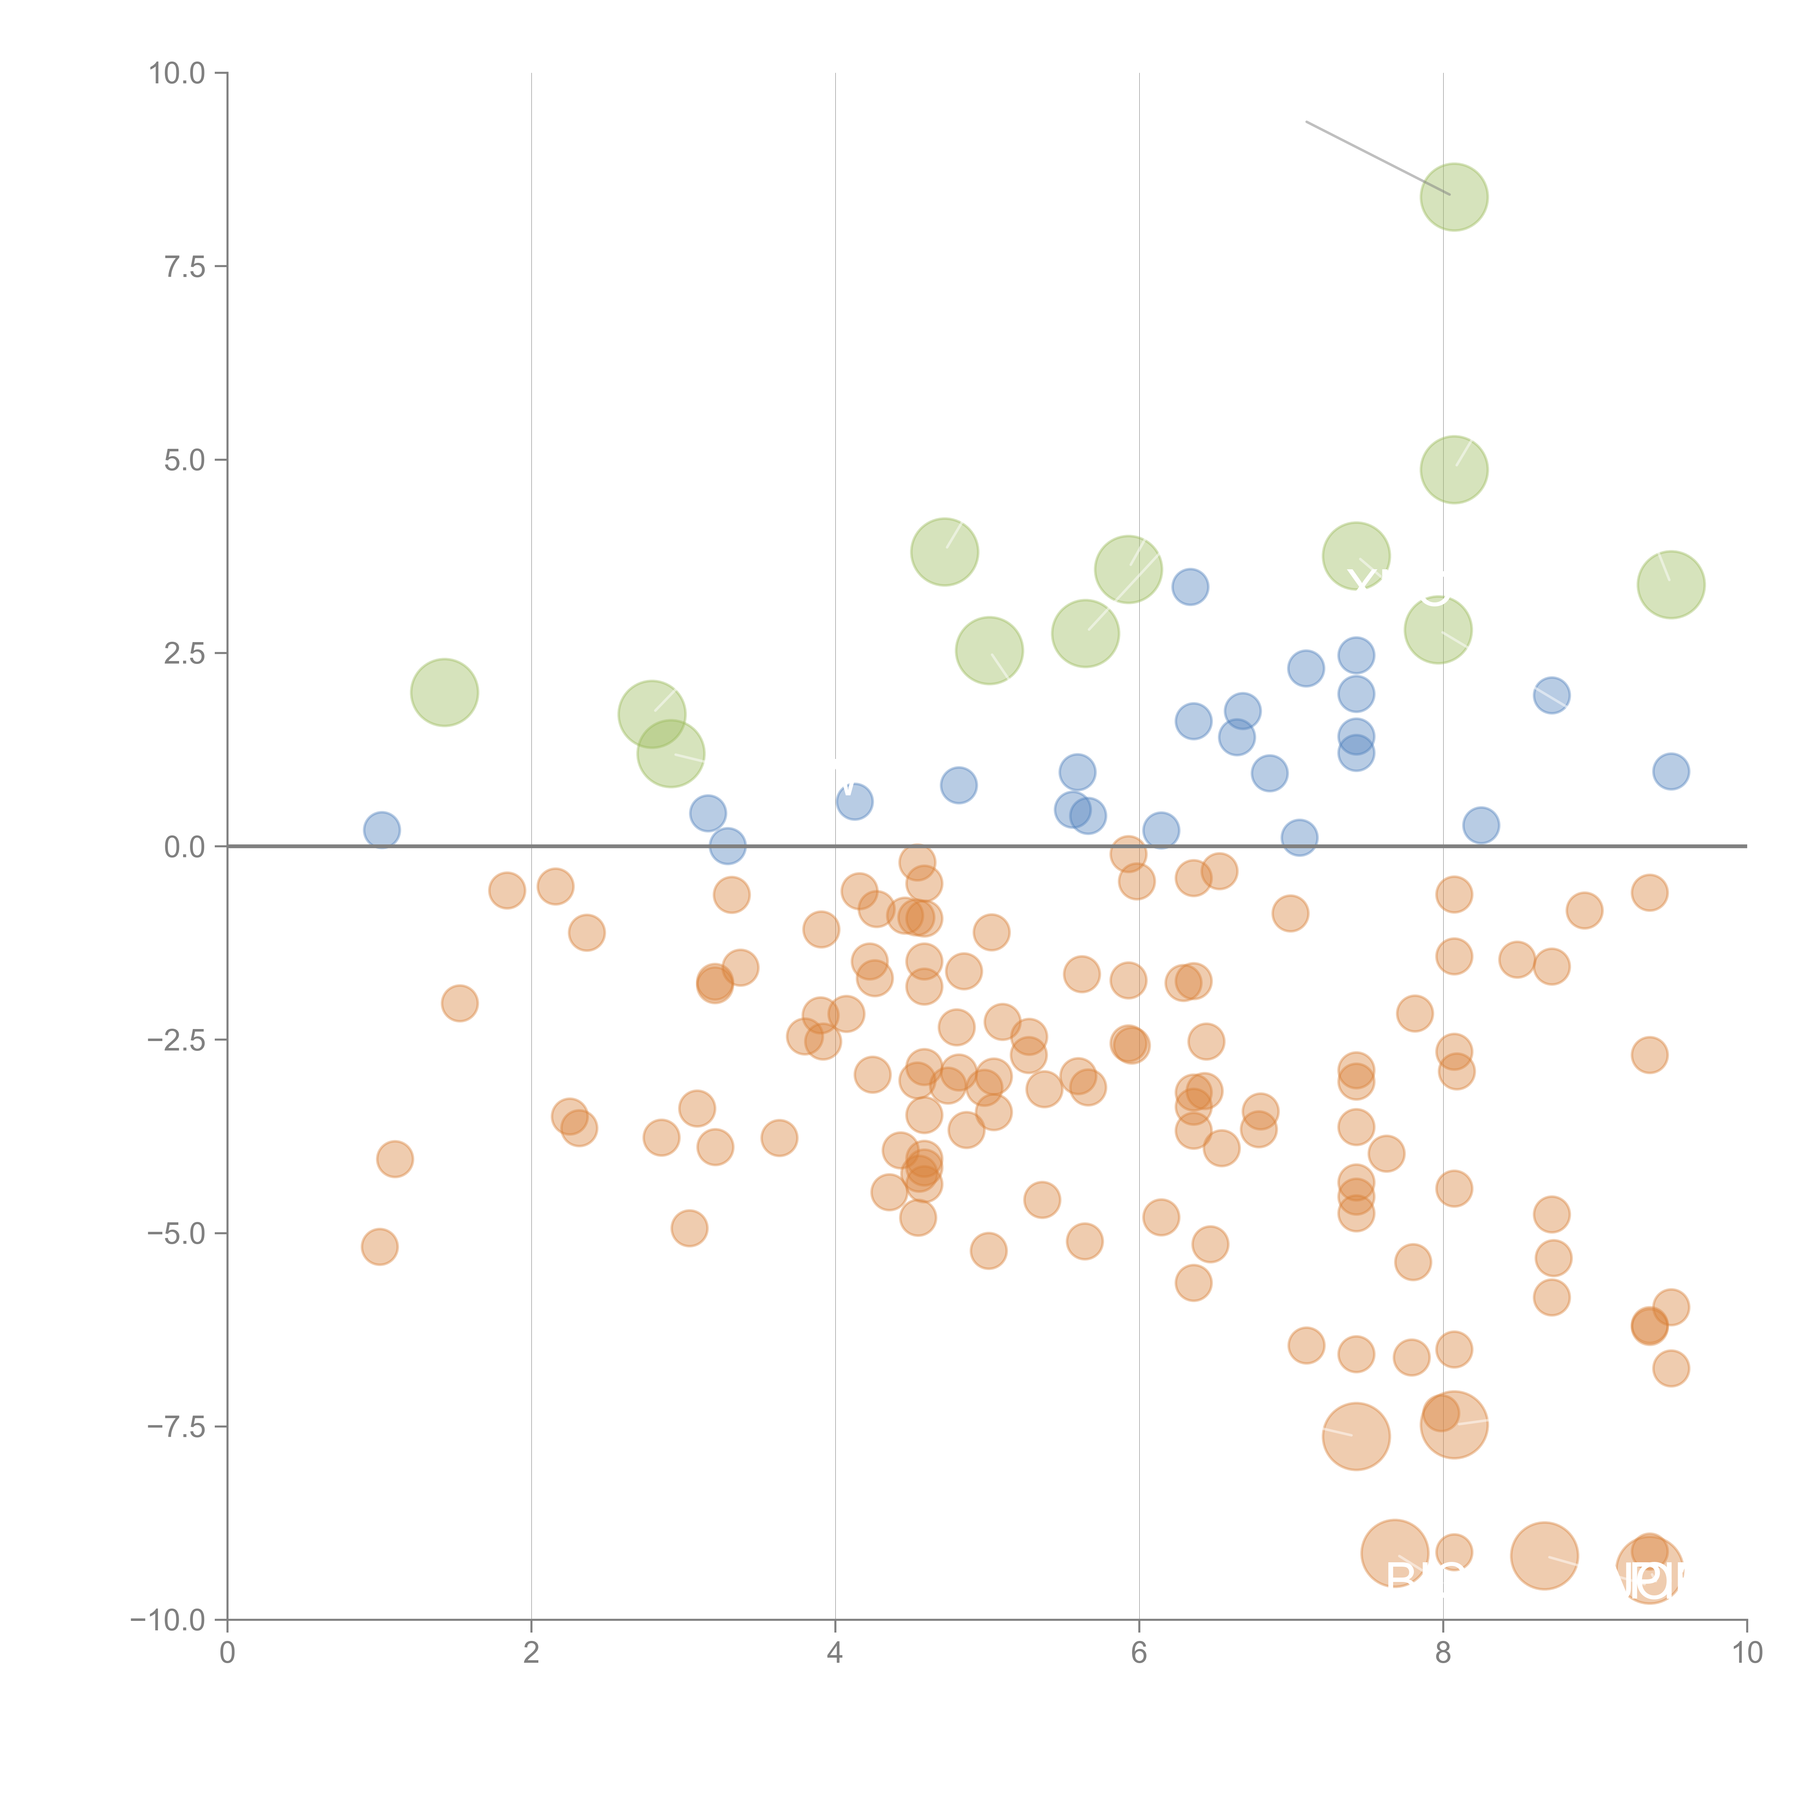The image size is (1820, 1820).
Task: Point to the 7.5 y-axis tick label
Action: pyautogui.click(x=185, y=266)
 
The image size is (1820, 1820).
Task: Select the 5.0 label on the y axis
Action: pyautogui.click(x=185, y=460)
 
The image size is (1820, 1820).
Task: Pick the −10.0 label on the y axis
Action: pyautogui.click(x=168, y=1620)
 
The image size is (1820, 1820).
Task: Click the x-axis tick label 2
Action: pyautogui.click(x=531, y=1653)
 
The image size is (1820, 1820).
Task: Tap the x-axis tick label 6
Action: pyautogui.click(x=1139, y=1653)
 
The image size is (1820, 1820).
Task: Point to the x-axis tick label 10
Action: pyautogui.click(x=1746, y=1653)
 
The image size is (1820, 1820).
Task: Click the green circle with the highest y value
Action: pyautogui.click(x=1453, y=197)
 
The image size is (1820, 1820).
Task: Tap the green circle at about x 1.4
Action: pyautogui.click(x=445, y=692)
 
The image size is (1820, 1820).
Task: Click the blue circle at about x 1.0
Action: pyautogui.click(x=381, y=830)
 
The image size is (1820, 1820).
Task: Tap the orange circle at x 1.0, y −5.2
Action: pyautogui.click(x=380, y=1246)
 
